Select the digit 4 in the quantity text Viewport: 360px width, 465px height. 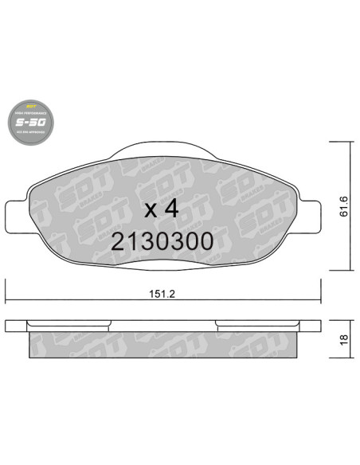(170, 210)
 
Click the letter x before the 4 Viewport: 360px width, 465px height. (149, 213)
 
